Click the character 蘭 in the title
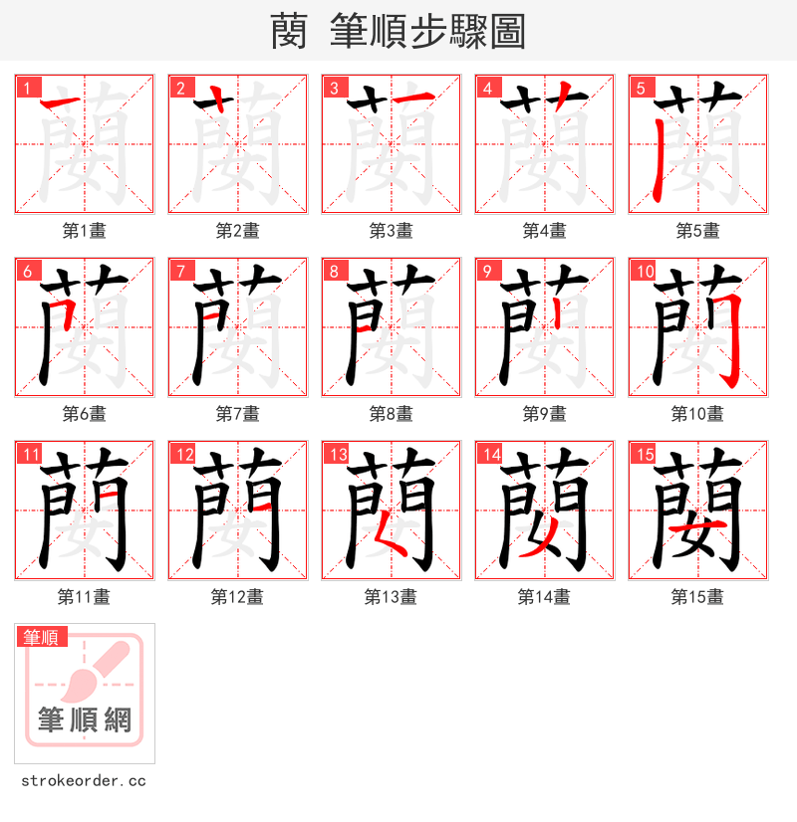click(288, 32)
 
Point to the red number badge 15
click(644, 455)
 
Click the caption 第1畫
click(85, 231)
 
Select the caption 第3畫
click(392, 231)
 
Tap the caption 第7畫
click(238, 414)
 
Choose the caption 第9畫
click(545, 414)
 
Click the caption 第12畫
click(238, 597)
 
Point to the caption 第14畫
click(545, 597)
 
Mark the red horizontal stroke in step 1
click(64, 103)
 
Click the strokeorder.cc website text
click(83, 781)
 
